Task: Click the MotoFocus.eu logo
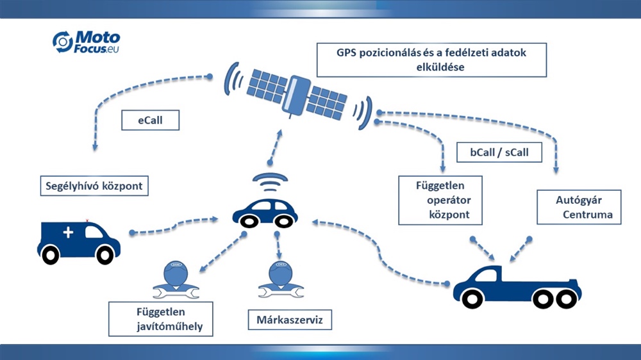(86, 42)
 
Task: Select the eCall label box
(150, 120)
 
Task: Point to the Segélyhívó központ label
(94, 186)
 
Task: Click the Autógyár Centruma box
(578, 206)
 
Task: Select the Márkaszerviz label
(289, 319)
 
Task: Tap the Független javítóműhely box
(160, 319)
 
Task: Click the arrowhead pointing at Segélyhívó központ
(95, 149)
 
